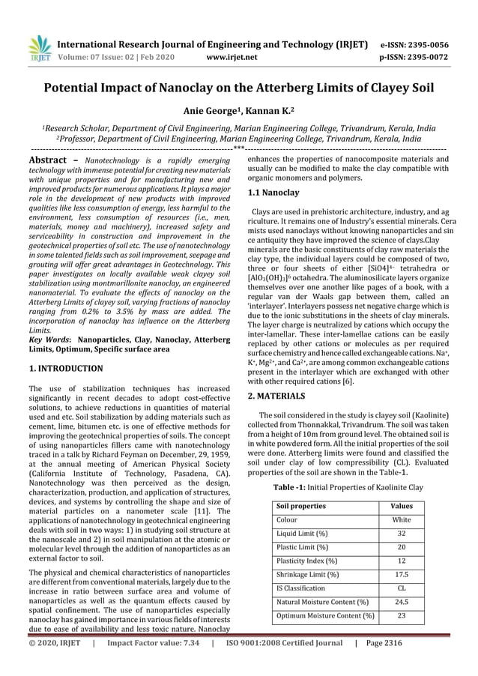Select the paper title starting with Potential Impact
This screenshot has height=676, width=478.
239,89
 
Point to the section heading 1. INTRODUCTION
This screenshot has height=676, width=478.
65,369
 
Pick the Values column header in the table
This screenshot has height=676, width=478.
402,506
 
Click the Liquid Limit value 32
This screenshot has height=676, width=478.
402,533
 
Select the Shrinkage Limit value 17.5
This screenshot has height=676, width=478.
402,574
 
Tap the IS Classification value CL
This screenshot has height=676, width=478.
402,588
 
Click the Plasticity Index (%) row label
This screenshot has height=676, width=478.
306,561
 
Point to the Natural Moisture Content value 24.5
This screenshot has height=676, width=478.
402,602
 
